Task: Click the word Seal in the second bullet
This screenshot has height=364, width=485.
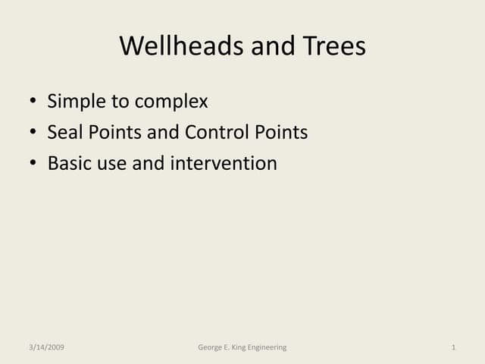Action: tap(64, 133)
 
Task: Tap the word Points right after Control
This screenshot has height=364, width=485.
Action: tap(281, 133)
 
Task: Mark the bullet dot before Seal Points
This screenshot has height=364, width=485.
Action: tap(32, 133)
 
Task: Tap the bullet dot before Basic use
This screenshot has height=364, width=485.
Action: tap(32, 164)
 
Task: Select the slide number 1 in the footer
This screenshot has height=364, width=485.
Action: tap(452, 347)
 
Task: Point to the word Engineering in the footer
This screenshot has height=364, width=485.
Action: tap(267, 347)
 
